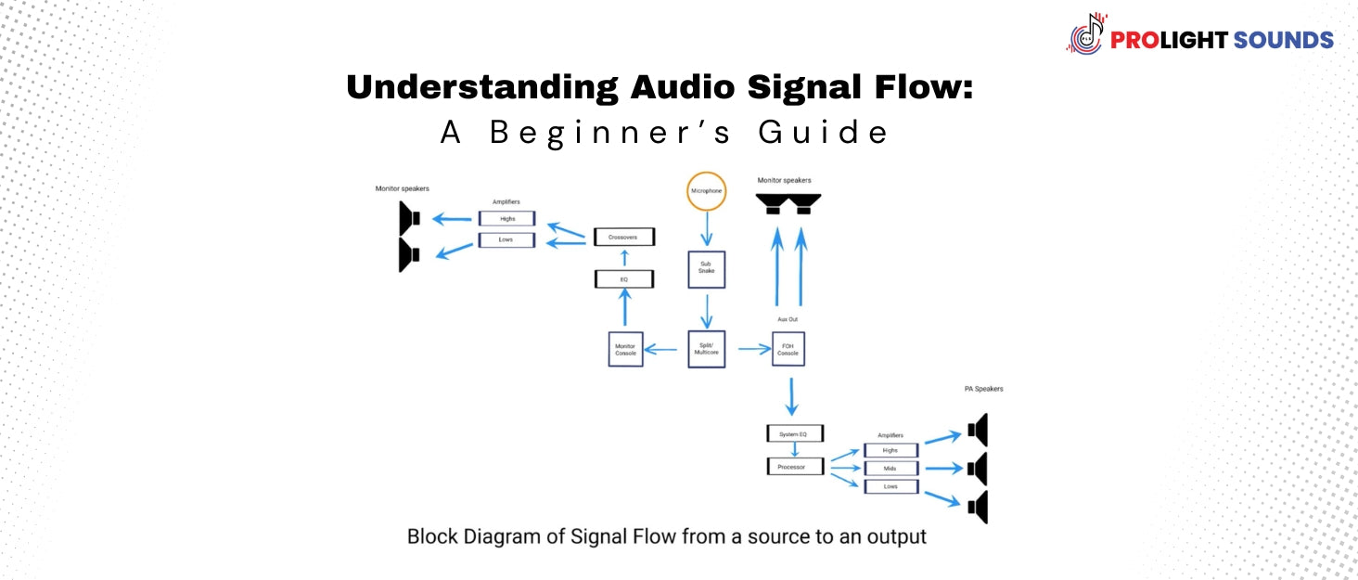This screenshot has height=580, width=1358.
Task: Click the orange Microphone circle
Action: [x=706, y=192]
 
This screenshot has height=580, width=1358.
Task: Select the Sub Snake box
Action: [x=706, y=269]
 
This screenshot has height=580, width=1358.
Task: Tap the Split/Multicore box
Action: [x=706, y=349]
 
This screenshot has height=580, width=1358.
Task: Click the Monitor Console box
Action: [x=625, y=349]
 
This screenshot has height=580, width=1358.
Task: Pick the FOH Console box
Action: [x=788, y=349]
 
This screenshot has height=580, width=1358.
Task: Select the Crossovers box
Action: [x=624, y=238]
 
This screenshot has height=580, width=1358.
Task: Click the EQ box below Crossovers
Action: [x=624, y=278]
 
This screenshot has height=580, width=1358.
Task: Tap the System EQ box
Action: [x=795, y=433]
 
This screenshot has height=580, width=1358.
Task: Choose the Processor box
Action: [x=795, y=467]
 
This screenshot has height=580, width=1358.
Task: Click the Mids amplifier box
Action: [x=890, y=469]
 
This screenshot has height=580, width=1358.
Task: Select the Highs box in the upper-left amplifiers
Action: [x=507, y=219]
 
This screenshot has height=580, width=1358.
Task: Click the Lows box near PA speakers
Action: [x=890, y=486]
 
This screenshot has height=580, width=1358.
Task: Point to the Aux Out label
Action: [x=788, y=319]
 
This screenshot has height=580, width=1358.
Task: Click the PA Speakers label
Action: [x=982, y=389]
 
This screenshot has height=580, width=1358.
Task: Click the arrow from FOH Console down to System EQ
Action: [x=790, y=396]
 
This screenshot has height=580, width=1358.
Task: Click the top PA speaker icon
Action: [x=978, y=430]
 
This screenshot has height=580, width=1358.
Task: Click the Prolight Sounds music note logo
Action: [x=1087, y=34]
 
